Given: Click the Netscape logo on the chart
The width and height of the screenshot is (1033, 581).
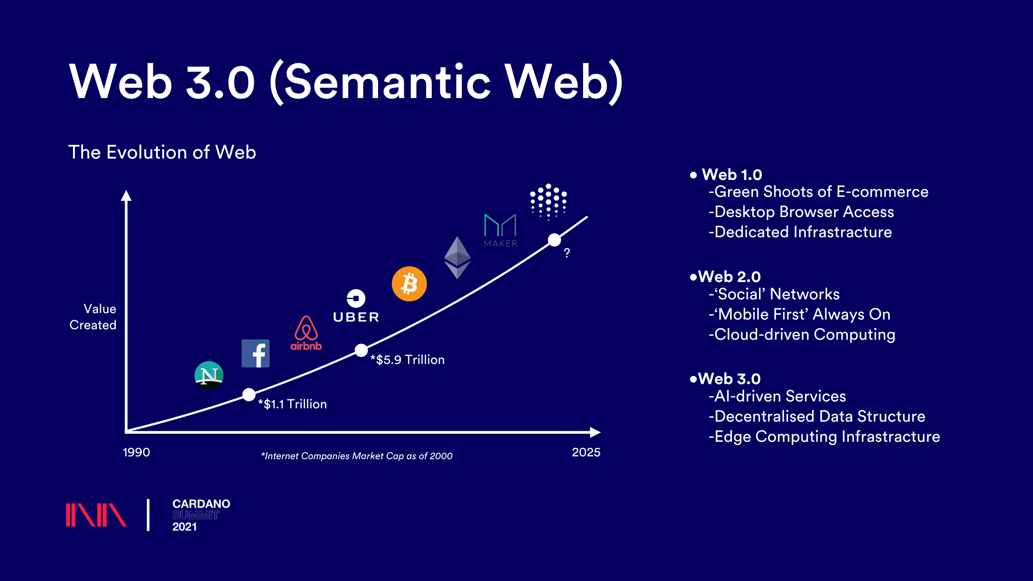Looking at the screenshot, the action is [209, 376].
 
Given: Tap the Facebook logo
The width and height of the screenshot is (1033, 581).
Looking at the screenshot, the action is [255, 353].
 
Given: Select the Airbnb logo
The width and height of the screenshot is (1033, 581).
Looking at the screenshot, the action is [306, 333].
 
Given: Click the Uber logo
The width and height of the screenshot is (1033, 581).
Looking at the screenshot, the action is [356, 306].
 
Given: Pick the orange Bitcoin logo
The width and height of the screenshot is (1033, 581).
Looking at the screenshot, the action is [409, 284].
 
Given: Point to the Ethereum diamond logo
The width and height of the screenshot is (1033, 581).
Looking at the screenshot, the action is [457, 258].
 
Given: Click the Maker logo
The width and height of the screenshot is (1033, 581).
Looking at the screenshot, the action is [500, 230].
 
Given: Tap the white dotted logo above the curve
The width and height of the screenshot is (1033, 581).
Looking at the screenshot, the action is [548, 202].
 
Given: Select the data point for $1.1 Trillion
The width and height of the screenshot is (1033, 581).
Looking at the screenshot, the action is [249, 395].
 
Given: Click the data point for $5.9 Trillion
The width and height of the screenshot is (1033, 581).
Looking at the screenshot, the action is [361, 351].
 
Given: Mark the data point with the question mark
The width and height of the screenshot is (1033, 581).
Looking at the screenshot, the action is [554, 240].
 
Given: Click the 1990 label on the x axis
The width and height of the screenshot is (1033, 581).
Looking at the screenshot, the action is [136, 452].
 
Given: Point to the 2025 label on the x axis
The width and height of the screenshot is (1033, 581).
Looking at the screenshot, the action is [586, 452].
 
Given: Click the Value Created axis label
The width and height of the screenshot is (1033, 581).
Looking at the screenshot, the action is [93, 317].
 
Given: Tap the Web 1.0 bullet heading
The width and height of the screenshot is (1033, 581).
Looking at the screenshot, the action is [726, 175].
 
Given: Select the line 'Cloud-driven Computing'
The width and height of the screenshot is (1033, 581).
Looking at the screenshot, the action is [802, 335].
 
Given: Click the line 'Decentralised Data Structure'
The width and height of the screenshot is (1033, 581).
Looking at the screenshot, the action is [817, 416].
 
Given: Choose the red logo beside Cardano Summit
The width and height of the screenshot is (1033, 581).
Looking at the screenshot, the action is [96, 515].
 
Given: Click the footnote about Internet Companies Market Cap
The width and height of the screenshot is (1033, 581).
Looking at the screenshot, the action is [357, 456].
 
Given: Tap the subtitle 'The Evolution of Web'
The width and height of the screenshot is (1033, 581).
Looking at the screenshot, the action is [162, 152].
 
